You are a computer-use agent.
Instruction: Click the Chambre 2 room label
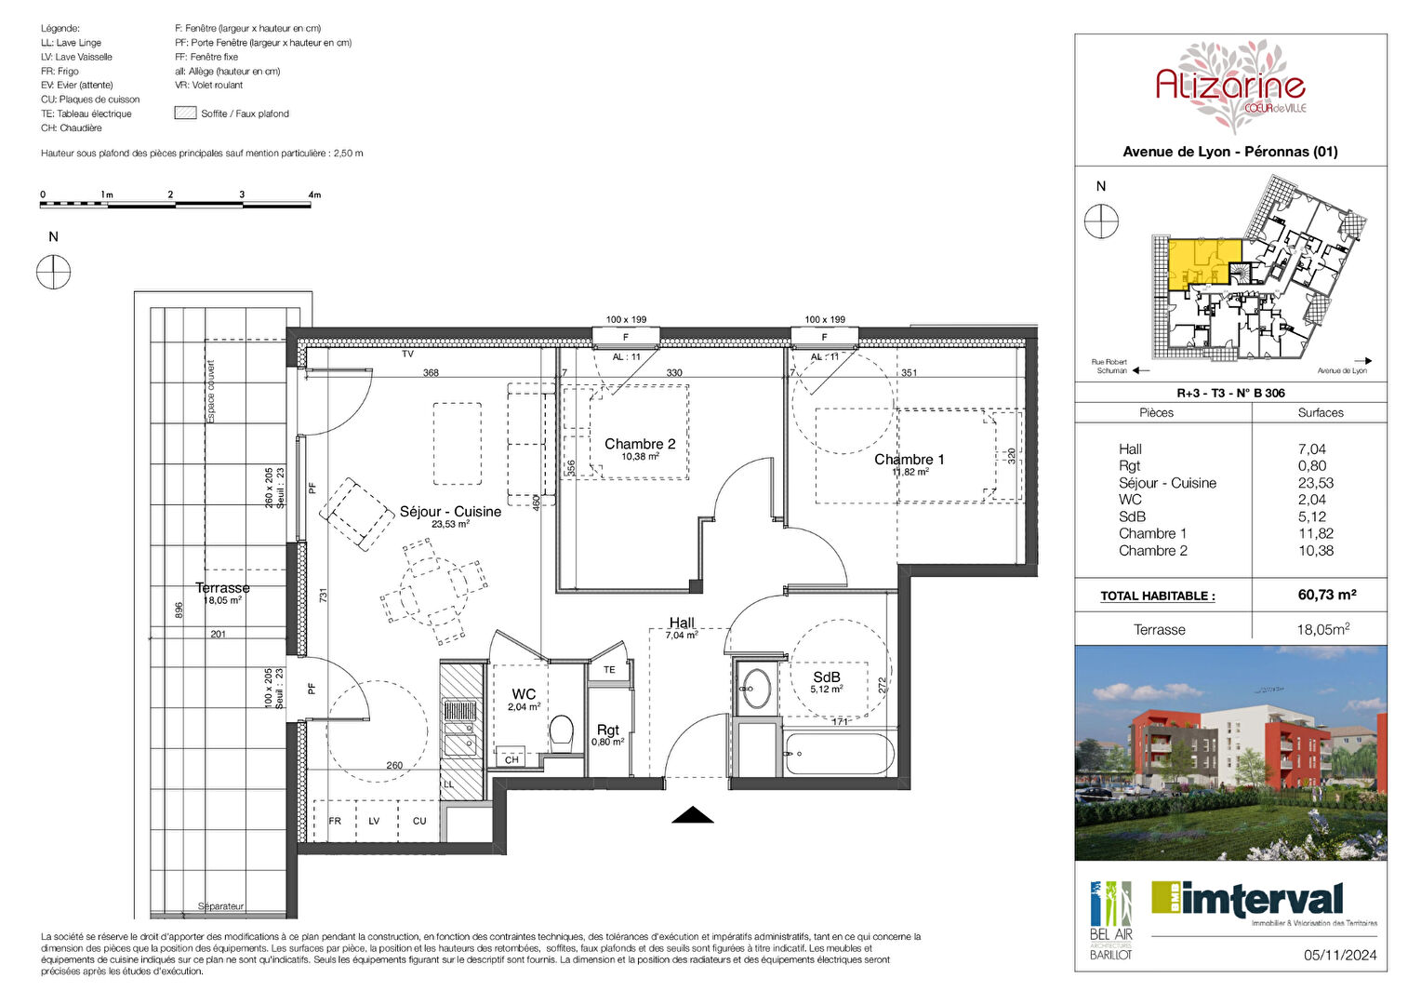(640, 445)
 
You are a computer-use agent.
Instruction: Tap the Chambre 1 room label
(909, 460)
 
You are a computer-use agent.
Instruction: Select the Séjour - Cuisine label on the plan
(450, 512)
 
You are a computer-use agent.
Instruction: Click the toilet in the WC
(561, 732)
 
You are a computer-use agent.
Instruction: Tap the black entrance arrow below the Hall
(693, 815)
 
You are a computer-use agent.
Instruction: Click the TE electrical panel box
(609, 670)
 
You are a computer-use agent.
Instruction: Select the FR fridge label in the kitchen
(335, 821)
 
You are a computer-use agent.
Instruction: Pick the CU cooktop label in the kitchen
(419, 821)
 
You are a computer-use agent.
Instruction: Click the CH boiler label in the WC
(511, 760)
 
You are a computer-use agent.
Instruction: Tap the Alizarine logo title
(1229, 87)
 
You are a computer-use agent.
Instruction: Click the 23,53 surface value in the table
(1316, 483)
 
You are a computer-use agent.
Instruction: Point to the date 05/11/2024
(1339, 955)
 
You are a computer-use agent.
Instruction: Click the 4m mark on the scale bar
(314, 195)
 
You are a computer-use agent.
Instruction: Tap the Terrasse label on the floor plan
(222, 588)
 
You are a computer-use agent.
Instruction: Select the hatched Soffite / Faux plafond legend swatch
(185, 114)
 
